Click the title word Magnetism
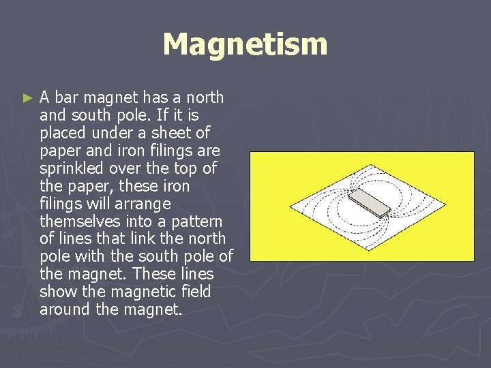tap(245, 45)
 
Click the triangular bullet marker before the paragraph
tap(27, 98)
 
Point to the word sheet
tap(175, 133)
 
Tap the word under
tap(114, 133)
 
